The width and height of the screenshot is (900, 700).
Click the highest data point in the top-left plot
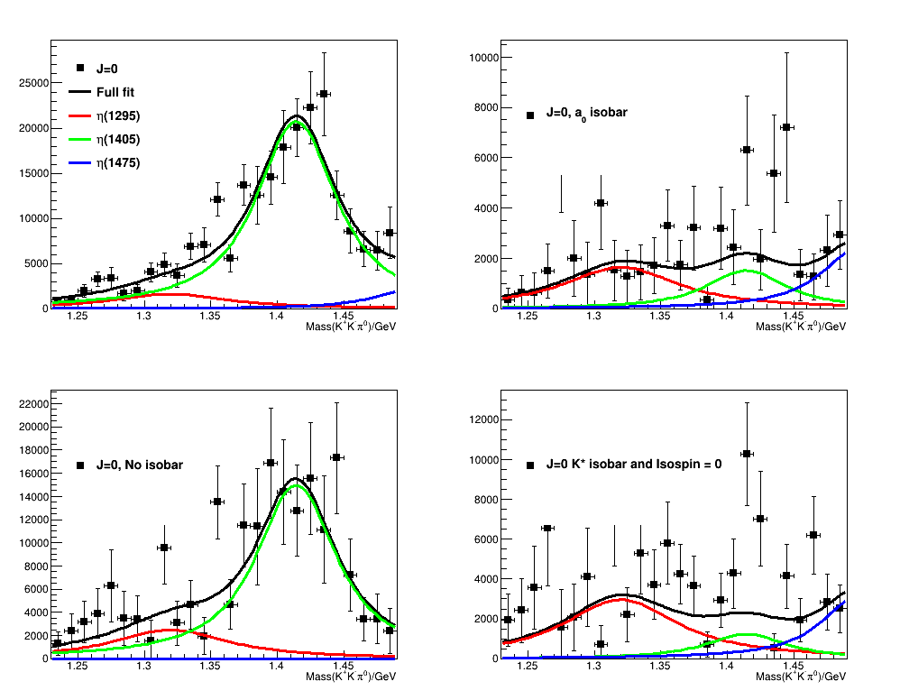tap(323, 94)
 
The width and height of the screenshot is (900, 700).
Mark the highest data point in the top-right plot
tap(786, 127)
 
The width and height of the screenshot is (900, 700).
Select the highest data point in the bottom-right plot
tap(747, 454)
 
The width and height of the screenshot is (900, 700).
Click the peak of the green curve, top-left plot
tap(297, 121)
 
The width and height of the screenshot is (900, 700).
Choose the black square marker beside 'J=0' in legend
tap(80, 68)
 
